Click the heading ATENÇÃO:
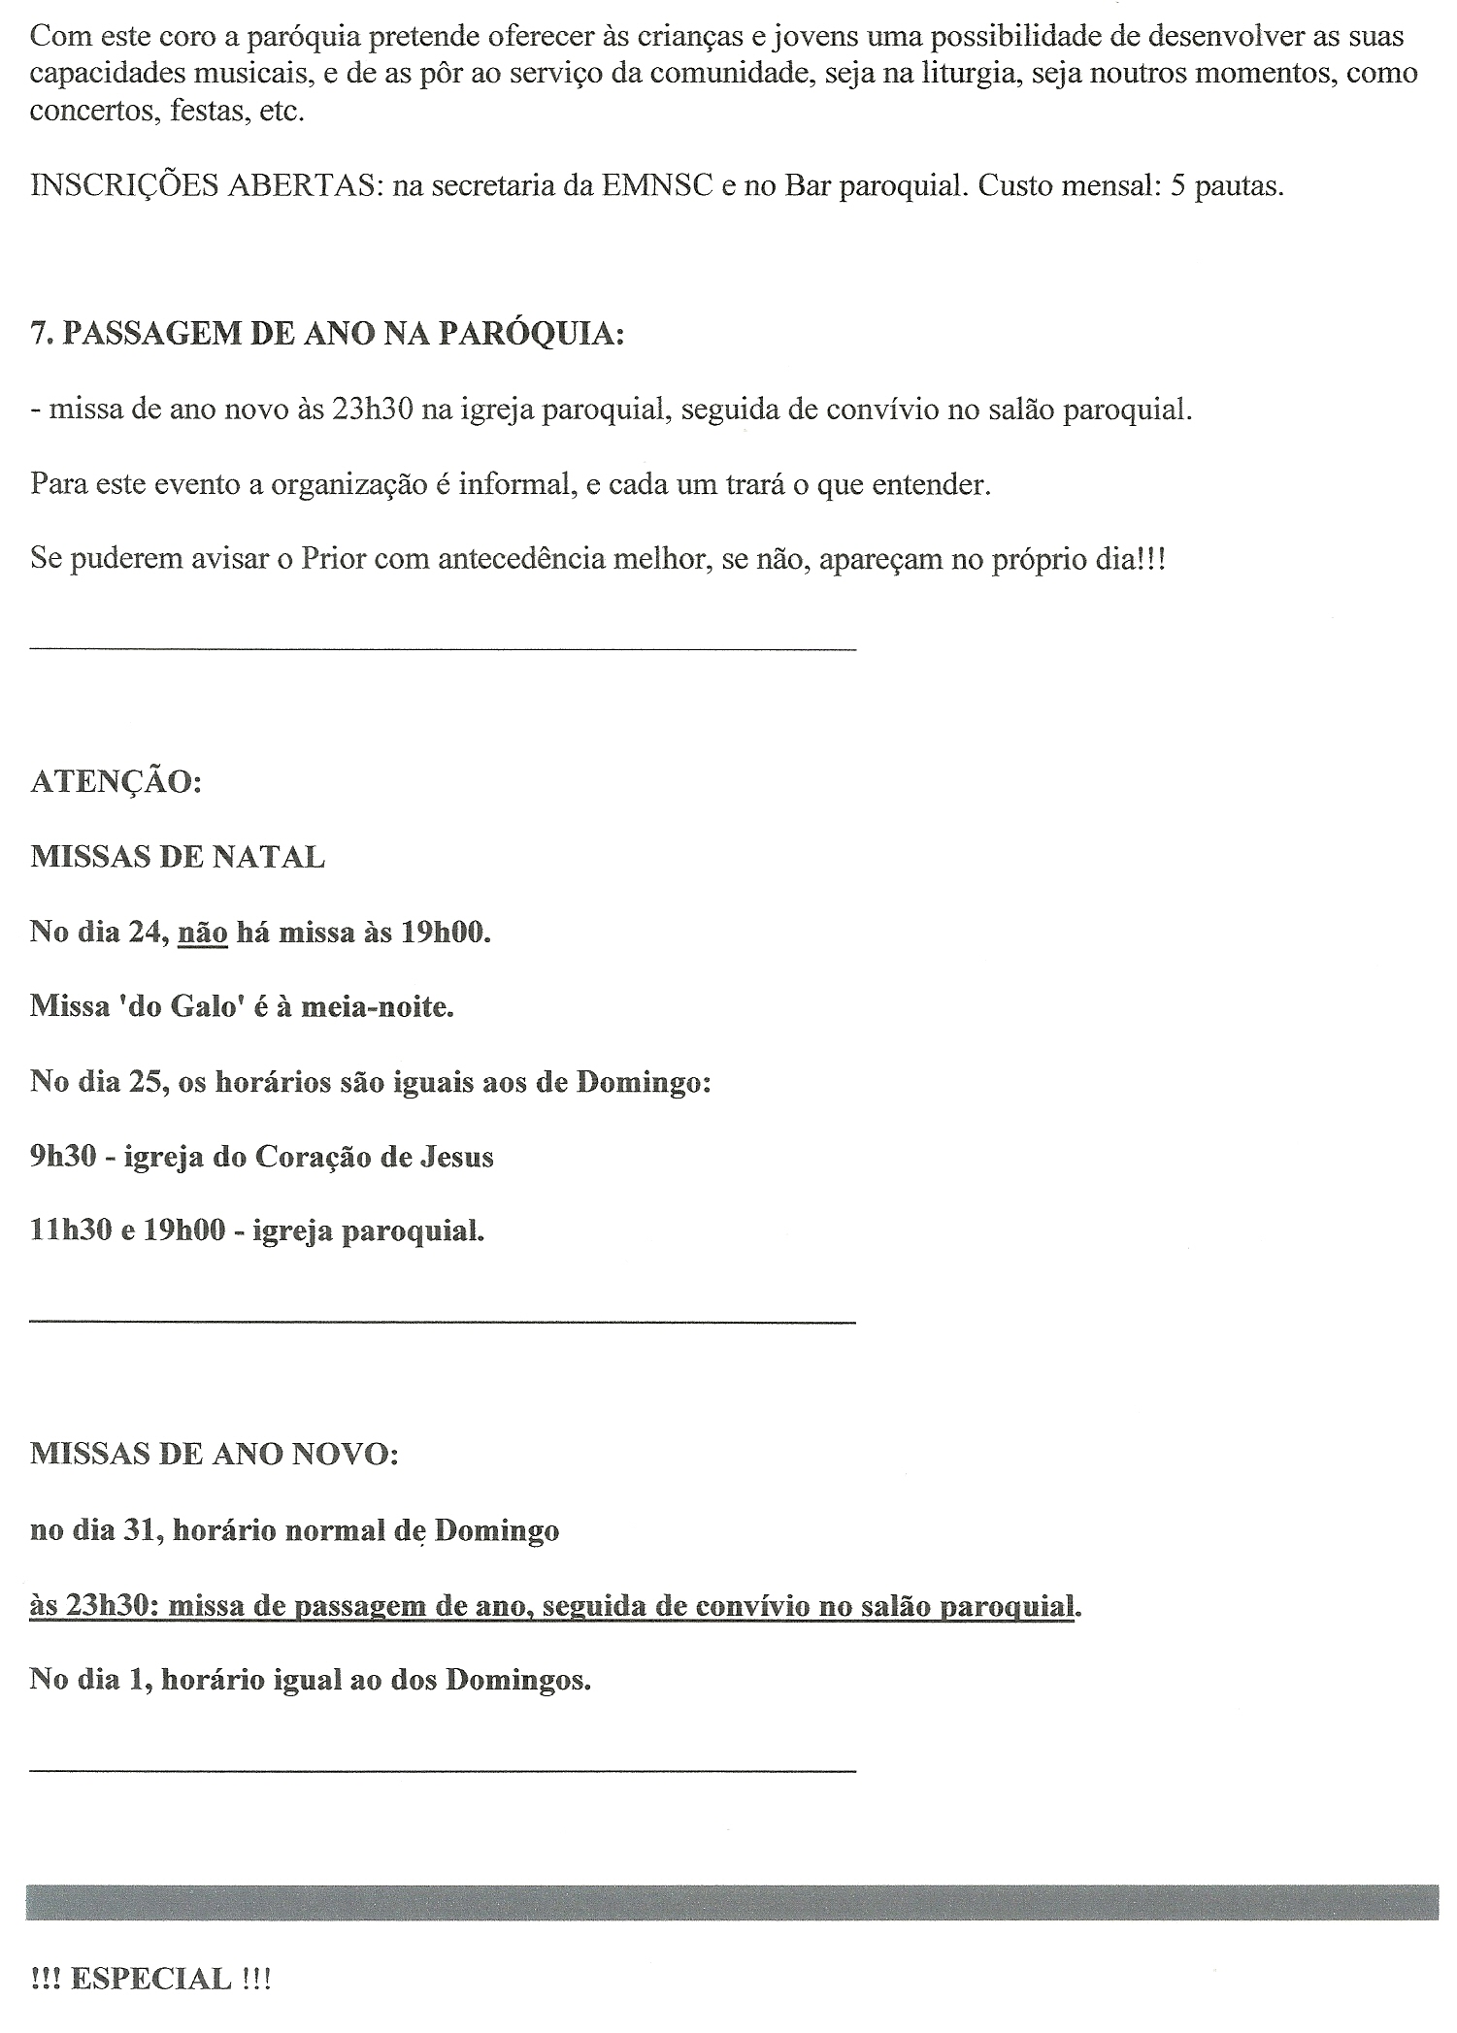coord(116,782)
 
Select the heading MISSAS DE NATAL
coord(178,857)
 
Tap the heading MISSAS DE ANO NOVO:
coord(214,1454)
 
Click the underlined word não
coord(203,933)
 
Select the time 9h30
coord(63,1157)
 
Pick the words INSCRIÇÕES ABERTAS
coord(202,185)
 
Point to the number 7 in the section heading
coord(38,334)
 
